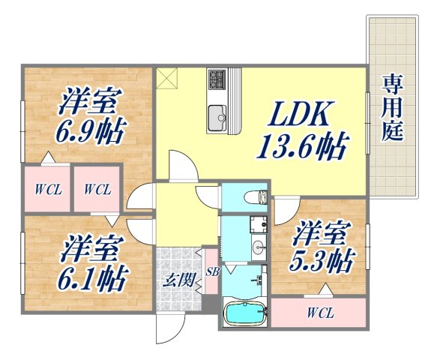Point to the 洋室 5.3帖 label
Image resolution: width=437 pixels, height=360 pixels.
tap(322, 248)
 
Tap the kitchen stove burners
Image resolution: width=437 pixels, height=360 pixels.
tap(217, 78)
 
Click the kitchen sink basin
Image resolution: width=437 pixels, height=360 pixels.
tap(217, 115)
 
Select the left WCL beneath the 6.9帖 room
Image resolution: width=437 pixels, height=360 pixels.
tap(46, 189)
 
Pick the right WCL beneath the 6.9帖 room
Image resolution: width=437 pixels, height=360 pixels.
tap(97, 189)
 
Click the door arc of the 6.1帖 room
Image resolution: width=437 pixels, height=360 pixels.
tap(139, 228)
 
